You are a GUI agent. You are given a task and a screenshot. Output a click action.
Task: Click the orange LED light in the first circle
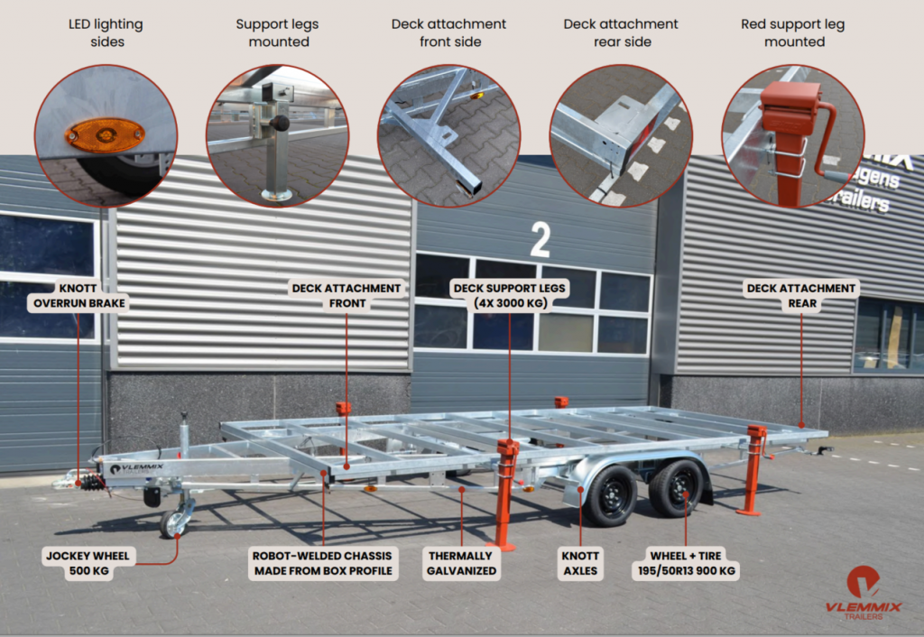(106, 135)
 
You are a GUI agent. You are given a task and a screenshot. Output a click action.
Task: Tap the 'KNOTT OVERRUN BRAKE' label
(79, 295)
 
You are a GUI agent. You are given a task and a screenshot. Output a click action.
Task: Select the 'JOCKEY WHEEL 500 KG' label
(88, 563)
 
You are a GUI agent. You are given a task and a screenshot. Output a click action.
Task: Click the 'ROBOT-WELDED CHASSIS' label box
(323, 563)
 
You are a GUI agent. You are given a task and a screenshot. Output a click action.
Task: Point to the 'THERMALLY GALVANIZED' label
(461, 563)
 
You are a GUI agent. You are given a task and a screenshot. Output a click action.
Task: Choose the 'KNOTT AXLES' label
(580, 563)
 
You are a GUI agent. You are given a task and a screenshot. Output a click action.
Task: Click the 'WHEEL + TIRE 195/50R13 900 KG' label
(686, 563)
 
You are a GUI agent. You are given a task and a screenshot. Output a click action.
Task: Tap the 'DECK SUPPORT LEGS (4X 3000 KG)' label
(510, 295)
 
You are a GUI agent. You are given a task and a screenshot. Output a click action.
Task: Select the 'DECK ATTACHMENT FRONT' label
(346, 295)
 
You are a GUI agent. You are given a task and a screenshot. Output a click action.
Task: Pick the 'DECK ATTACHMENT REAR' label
(801, 295)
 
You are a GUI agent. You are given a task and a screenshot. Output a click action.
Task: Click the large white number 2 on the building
(540, 240)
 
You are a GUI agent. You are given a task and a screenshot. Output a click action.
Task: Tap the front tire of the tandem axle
(611, 496)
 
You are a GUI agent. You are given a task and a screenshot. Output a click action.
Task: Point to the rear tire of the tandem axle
(677, 488)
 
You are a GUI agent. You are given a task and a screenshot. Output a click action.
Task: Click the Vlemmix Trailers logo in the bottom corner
(864, 593)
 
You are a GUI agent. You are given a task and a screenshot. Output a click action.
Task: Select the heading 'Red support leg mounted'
(793, 33)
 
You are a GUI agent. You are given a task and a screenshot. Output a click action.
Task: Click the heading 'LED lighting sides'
(106, 33)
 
